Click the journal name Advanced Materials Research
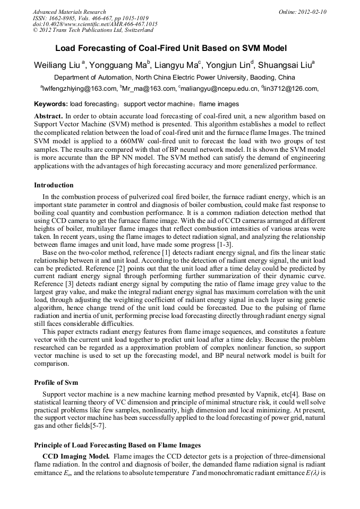pos(69,12)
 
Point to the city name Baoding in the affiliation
pos(250,77)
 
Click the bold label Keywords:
pos(50,104)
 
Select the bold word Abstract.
pos(48,116)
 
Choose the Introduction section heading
pos(54,185)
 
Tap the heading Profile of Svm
pos(55,382)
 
